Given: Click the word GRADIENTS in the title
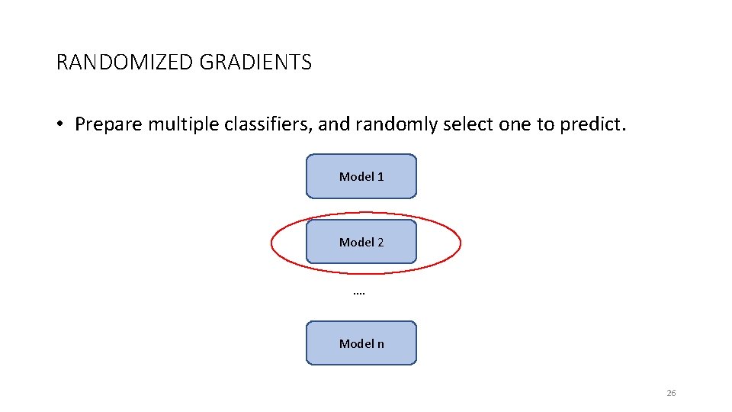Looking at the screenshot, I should point(255,63).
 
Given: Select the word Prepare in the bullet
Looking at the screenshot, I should point(108,124).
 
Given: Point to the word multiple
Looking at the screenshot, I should point(182,124).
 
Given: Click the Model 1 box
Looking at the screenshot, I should point(361,176).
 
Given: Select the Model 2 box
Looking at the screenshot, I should point(361,242).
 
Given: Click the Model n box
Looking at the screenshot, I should point(361,343).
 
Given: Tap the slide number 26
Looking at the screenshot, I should point(671,393).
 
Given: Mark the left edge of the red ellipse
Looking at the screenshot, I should point(272,243).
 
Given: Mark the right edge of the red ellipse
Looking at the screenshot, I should point(461,243).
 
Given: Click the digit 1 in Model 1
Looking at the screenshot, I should point(380,176).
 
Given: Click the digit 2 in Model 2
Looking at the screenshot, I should point(380,242).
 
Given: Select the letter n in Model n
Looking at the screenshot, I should point(380,343).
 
